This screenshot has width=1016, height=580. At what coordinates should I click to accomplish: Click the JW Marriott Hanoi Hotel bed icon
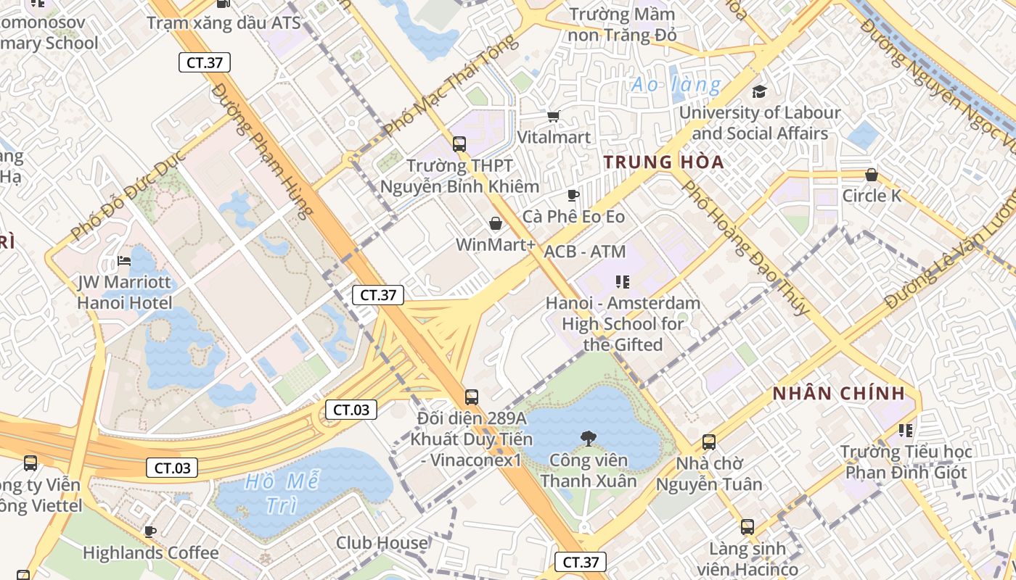[x=124, y=261]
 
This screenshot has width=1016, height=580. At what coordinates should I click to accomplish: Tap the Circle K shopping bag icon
[x=871, y=175]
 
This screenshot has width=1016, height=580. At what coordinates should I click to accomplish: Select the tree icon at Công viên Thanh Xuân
[x=588, y=438]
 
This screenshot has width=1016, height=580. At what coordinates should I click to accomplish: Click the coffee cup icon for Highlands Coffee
[x=150, y=531]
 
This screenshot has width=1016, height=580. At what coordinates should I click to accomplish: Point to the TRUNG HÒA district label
[x=664, y=162]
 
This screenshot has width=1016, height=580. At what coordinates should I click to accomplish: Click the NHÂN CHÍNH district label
[x=839, y=394]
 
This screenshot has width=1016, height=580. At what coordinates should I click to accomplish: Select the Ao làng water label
[x=676, y=85]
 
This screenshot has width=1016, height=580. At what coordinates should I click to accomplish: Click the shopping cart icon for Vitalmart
[x=553, y=116]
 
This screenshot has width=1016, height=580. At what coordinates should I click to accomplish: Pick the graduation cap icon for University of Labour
[x=759, y=91]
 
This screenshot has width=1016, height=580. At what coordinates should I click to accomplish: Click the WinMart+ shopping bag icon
[x=496, y=223]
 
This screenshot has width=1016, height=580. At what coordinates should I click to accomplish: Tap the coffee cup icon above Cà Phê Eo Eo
[x=573, y=195]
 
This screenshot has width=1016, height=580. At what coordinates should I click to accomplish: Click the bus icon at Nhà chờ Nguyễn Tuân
[x=708, y=442]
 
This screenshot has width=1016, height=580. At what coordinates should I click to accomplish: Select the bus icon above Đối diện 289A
[x=472, y=397]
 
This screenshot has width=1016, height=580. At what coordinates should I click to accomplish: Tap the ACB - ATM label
[x=584, y=252]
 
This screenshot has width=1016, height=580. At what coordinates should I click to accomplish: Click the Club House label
[x=382, y=542]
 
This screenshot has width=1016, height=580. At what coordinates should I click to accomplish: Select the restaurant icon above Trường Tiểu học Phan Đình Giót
[x=905, y=431]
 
